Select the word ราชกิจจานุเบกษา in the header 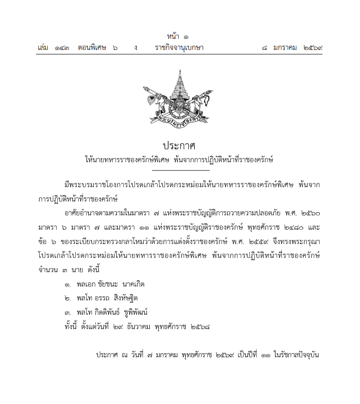(179, 48)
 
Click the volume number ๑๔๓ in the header (62, 48)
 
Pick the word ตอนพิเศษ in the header (92, 48)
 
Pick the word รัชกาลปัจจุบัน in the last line (297, 355)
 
